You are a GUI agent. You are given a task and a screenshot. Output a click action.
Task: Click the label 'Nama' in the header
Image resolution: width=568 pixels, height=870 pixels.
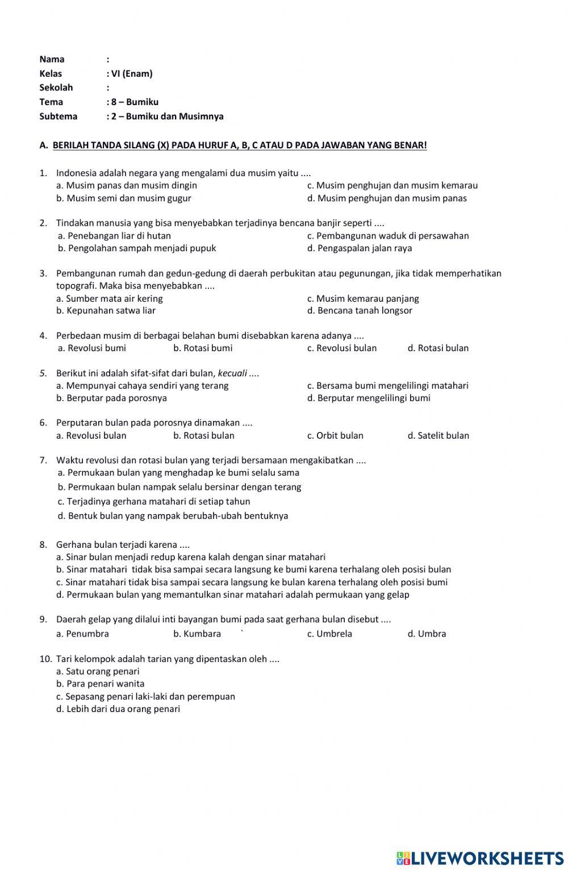point(52,59)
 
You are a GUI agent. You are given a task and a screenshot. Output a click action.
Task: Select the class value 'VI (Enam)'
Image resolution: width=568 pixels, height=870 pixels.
point(131,73)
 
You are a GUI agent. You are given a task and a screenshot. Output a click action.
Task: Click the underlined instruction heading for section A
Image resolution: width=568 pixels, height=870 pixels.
point(239,145)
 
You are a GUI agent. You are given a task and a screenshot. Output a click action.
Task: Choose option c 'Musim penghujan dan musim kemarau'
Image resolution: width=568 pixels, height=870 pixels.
point(392,185)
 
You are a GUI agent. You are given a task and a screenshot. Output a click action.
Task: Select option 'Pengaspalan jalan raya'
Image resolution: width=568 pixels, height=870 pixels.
point(360,248)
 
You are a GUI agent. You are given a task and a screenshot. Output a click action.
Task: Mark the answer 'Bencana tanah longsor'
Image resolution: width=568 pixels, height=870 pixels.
point(360,311)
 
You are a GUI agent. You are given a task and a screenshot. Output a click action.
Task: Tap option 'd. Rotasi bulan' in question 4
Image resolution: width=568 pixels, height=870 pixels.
point(438,348)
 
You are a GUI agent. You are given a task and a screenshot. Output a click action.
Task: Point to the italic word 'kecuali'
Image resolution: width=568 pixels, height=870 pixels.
point(232,373)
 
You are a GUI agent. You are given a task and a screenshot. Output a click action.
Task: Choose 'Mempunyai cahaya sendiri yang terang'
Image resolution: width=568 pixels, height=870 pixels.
point(143,386)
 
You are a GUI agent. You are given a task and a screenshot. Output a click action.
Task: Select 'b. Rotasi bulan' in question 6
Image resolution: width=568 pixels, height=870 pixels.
point(203,436)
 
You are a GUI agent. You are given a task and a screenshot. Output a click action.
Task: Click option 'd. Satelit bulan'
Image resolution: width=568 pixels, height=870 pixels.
point(438,436)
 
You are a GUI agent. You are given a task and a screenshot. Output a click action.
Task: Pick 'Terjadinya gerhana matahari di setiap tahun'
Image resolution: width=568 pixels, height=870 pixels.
point(154,502)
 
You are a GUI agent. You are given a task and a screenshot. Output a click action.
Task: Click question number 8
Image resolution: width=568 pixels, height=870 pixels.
point(43,544)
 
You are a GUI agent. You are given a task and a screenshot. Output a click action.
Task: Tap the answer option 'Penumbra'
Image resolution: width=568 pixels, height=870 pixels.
point(83,634)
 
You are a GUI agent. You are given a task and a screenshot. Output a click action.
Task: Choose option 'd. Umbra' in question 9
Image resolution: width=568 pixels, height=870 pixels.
point(427,634)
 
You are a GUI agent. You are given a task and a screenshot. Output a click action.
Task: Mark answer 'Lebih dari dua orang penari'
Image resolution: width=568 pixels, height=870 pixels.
point(118,709)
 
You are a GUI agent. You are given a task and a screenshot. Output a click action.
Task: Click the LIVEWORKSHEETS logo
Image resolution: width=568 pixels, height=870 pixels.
point(479,858)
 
